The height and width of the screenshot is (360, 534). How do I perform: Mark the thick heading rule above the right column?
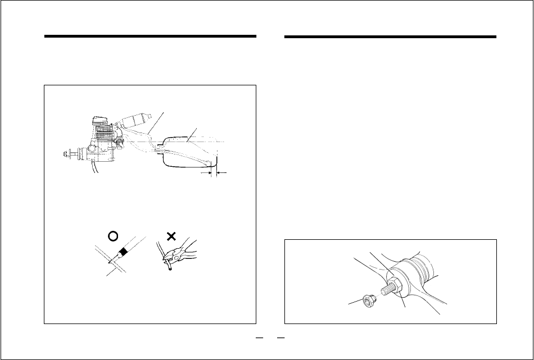coord(391,38)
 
